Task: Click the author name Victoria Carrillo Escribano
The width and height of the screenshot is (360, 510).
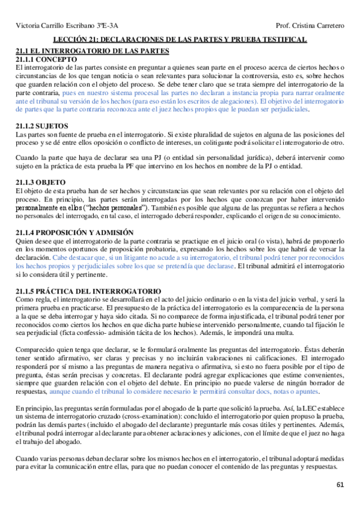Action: (53, 26)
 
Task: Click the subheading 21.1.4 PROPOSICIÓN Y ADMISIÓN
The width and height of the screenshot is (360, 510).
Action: (75, 232)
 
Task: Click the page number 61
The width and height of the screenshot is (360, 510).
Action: (340, 485)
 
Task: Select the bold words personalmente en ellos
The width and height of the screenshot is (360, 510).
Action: (50, 207)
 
